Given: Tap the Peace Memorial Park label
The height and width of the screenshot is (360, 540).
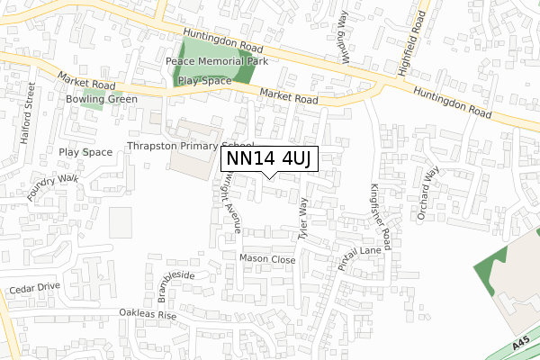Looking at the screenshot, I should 218,61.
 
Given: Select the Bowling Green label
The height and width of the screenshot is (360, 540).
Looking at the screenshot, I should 100,99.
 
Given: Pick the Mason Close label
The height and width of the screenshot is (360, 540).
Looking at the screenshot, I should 267,259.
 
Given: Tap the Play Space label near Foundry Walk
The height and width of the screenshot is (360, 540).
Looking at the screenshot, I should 85,152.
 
